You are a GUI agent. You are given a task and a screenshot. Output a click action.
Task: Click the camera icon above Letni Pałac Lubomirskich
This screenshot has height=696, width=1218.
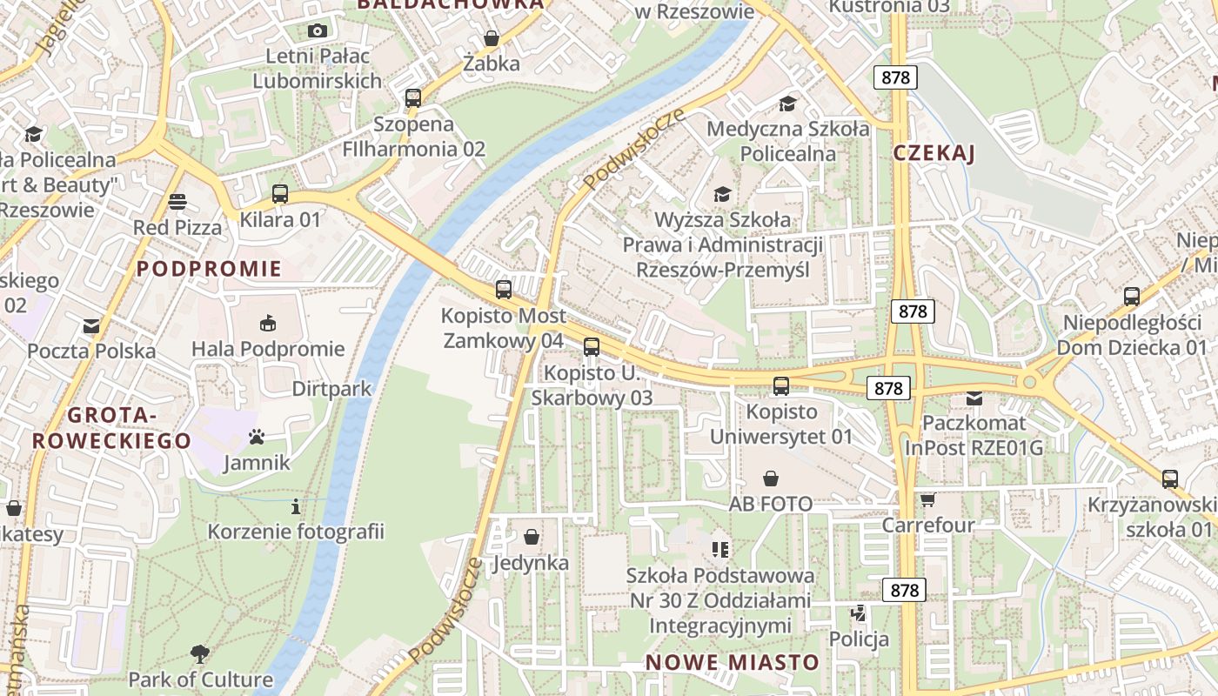coord(318,30)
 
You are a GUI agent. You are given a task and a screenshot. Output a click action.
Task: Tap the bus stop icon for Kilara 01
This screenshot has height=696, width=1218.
coord(279,194)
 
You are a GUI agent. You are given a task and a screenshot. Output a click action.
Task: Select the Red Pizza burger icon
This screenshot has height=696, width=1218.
coord(177,202)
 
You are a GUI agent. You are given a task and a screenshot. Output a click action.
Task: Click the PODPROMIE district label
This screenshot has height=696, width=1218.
coord(209,268)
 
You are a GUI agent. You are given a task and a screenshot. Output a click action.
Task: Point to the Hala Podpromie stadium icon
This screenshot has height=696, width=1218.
coord(268,323)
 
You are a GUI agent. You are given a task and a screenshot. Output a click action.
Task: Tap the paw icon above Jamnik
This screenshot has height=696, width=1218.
coord(256,436)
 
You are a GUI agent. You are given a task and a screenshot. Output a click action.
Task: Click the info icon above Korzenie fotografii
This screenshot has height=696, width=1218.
coord(296,505)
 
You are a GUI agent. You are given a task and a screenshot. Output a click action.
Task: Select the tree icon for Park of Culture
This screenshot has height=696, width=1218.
coord(199,653)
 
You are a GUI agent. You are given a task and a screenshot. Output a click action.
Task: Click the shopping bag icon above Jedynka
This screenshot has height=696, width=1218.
coord(531,537)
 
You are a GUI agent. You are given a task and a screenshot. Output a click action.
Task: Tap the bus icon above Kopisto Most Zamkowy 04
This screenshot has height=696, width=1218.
coord(503,290)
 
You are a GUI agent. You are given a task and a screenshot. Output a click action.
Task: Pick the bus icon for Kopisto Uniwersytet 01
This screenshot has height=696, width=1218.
coord(781,385)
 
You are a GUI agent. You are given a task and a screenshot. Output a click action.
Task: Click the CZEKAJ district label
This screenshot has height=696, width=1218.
coord(934,153)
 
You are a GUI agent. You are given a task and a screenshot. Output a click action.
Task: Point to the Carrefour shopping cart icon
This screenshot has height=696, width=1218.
coord(927,499)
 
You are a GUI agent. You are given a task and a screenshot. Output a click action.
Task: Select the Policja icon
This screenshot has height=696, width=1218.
coord(859,613)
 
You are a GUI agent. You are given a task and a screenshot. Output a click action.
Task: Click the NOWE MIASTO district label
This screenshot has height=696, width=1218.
coord(732,662)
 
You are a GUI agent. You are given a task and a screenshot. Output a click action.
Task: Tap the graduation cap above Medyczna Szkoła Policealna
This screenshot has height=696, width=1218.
coord(787,104)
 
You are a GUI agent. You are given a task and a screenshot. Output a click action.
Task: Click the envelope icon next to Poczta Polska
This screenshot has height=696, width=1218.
coord(90,326)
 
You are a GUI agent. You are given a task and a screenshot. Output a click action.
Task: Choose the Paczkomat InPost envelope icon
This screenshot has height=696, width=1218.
coord(974,398)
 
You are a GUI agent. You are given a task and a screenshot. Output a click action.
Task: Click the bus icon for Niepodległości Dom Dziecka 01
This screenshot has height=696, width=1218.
coord(1131,296)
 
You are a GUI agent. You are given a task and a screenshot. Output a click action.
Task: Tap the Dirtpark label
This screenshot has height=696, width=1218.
coord(331,388)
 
